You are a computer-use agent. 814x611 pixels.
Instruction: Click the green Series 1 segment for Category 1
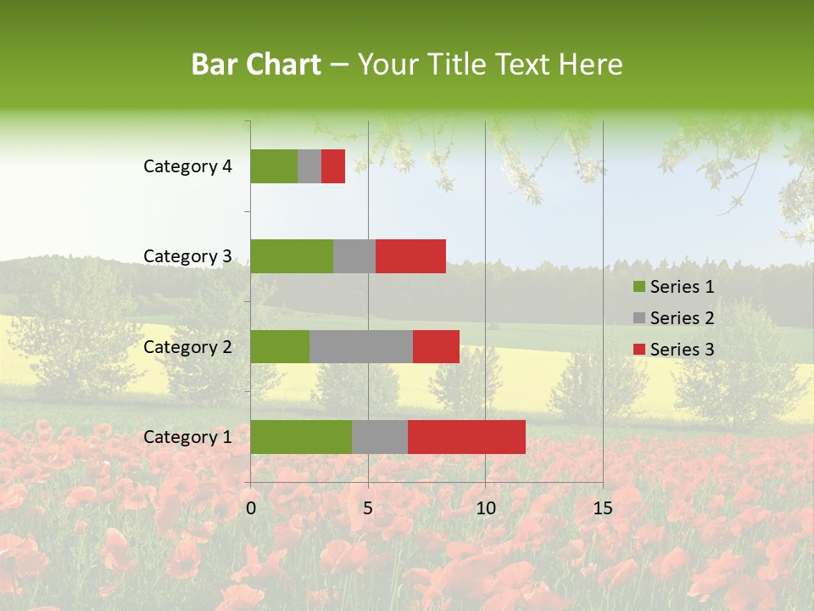pos(301,437)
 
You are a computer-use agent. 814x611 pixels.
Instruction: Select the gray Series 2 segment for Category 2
pos(361,346)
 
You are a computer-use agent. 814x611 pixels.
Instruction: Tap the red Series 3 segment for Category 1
pos(466,437)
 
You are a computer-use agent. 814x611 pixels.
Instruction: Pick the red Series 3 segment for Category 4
pos(333,166)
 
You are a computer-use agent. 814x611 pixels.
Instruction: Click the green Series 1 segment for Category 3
pos(292,256)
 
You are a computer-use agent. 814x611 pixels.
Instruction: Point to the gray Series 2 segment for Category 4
pos(309,166)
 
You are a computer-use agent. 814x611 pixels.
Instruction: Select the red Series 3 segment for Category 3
pos(410,256)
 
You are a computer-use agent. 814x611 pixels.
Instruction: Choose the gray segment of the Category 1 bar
pos(380,437)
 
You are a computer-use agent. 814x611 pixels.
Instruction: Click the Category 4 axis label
pos(187,166)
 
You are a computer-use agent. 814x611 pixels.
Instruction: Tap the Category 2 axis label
pos(187,346)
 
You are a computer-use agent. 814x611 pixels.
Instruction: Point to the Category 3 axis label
pos(187,256)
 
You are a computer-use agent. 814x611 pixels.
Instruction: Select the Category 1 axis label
pos(187,437)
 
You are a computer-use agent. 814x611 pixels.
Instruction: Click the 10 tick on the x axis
pos(485,508)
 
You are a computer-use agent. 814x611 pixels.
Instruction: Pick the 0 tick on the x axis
pos(251,508)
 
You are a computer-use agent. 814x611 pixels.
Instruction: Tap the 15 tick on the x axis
pos(602,508)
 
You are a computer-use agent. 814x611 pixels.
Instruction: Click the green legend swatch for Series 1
pos(638,287)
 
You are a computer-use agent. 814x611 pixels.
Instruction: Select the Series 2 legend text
pos(682,318)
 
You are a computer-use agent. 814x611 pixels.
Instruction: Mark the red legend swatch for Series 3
pos(638,350)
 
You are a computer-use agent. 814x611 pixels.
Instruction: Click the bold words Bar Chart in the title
pos(256,64)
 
